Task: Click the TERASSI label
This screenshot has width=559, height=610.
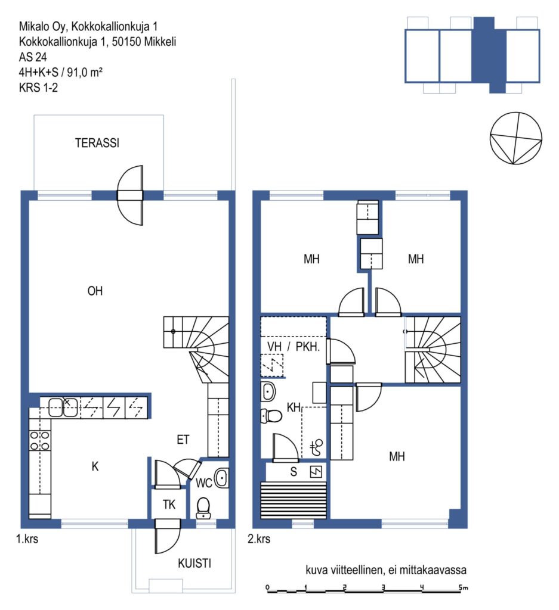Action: click(97, 143)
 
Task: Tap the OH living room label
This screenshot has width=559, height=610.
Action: click(95, 291)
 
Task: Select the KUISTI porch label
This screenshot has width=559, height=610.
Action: click(194, 564)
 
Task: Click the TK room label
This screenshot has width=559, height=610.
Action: click(169, 505)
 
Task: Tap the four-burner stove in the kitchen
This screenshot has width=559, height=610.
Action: click(40, 441)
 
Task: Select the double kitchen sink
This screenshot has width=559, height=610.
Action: click(63, 407)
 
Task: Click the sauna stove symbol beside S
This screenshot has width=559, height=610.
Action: click(316, 472)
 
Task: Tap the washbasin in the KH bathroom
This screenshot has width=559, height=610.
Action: click(268, 391)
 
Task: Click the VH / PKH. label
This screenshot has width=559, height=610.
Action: click(294, 347)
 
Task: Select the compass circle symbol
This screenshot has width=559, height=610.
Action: click(516, 138)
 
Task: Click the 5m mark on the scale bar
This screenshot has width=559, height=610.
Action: click(463, 588)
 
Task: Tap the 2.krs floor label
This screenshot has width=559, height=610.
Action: click(259, 539)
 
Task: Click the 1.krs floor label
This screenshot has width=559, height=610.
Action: click(27, 539)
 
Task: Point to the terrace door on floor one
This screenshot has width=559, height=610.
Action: click(131, 195)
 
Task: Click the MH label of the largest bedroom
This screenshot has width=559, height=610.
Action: click(397, 456)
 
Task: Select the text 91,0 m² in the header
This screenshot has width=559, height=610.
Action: click(85, 72)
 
